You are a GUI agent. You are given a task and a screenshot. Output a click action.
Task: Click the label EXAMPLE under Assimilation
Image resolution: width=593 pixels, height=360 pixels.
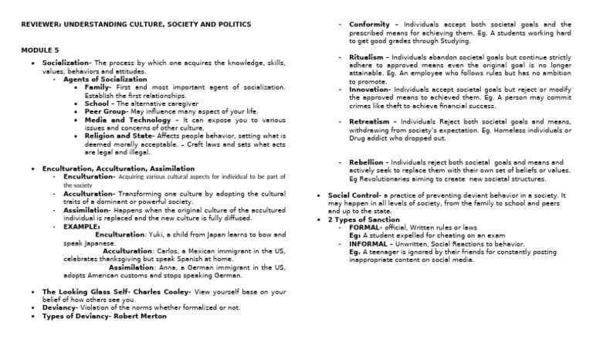(81, 226)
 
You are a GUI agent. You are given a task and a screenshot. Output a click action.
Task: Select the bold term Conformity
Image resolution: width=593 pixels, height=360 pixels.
(371, 24)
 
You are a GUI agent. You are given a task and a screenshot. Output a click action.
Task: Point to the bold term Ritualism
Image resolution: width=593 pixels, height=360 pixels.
(367, 57)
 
